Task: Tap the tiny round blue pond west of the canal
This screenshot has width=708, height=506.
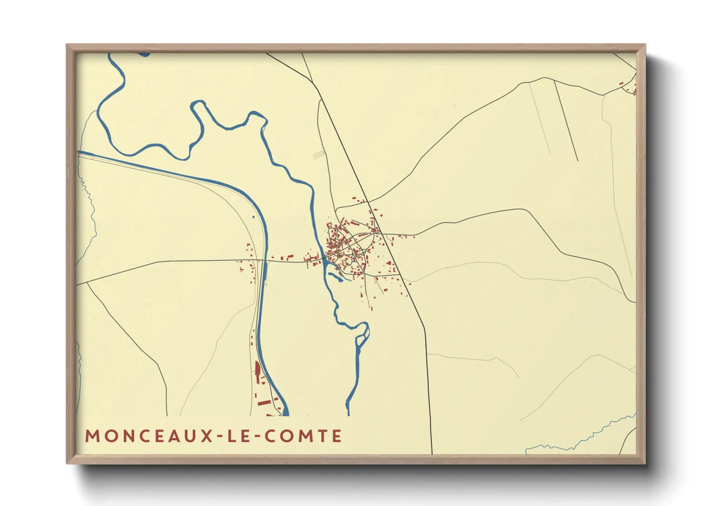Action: pyautogui.click(x=253, y=217)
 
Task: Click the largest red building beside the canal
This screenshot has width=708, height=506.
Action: pyautogui.click(x=257, y=371)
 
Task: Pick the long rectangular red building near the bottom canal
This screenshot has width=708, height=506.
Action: pyautogui.click(x=263, y=403)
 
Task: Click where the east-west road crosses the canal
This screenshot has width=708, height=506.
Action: pyautogui.click(x=265, y=261)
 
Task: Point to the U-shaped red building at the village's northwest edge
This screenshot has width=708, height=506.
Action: pyautogui.click(x=330, y=224)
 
